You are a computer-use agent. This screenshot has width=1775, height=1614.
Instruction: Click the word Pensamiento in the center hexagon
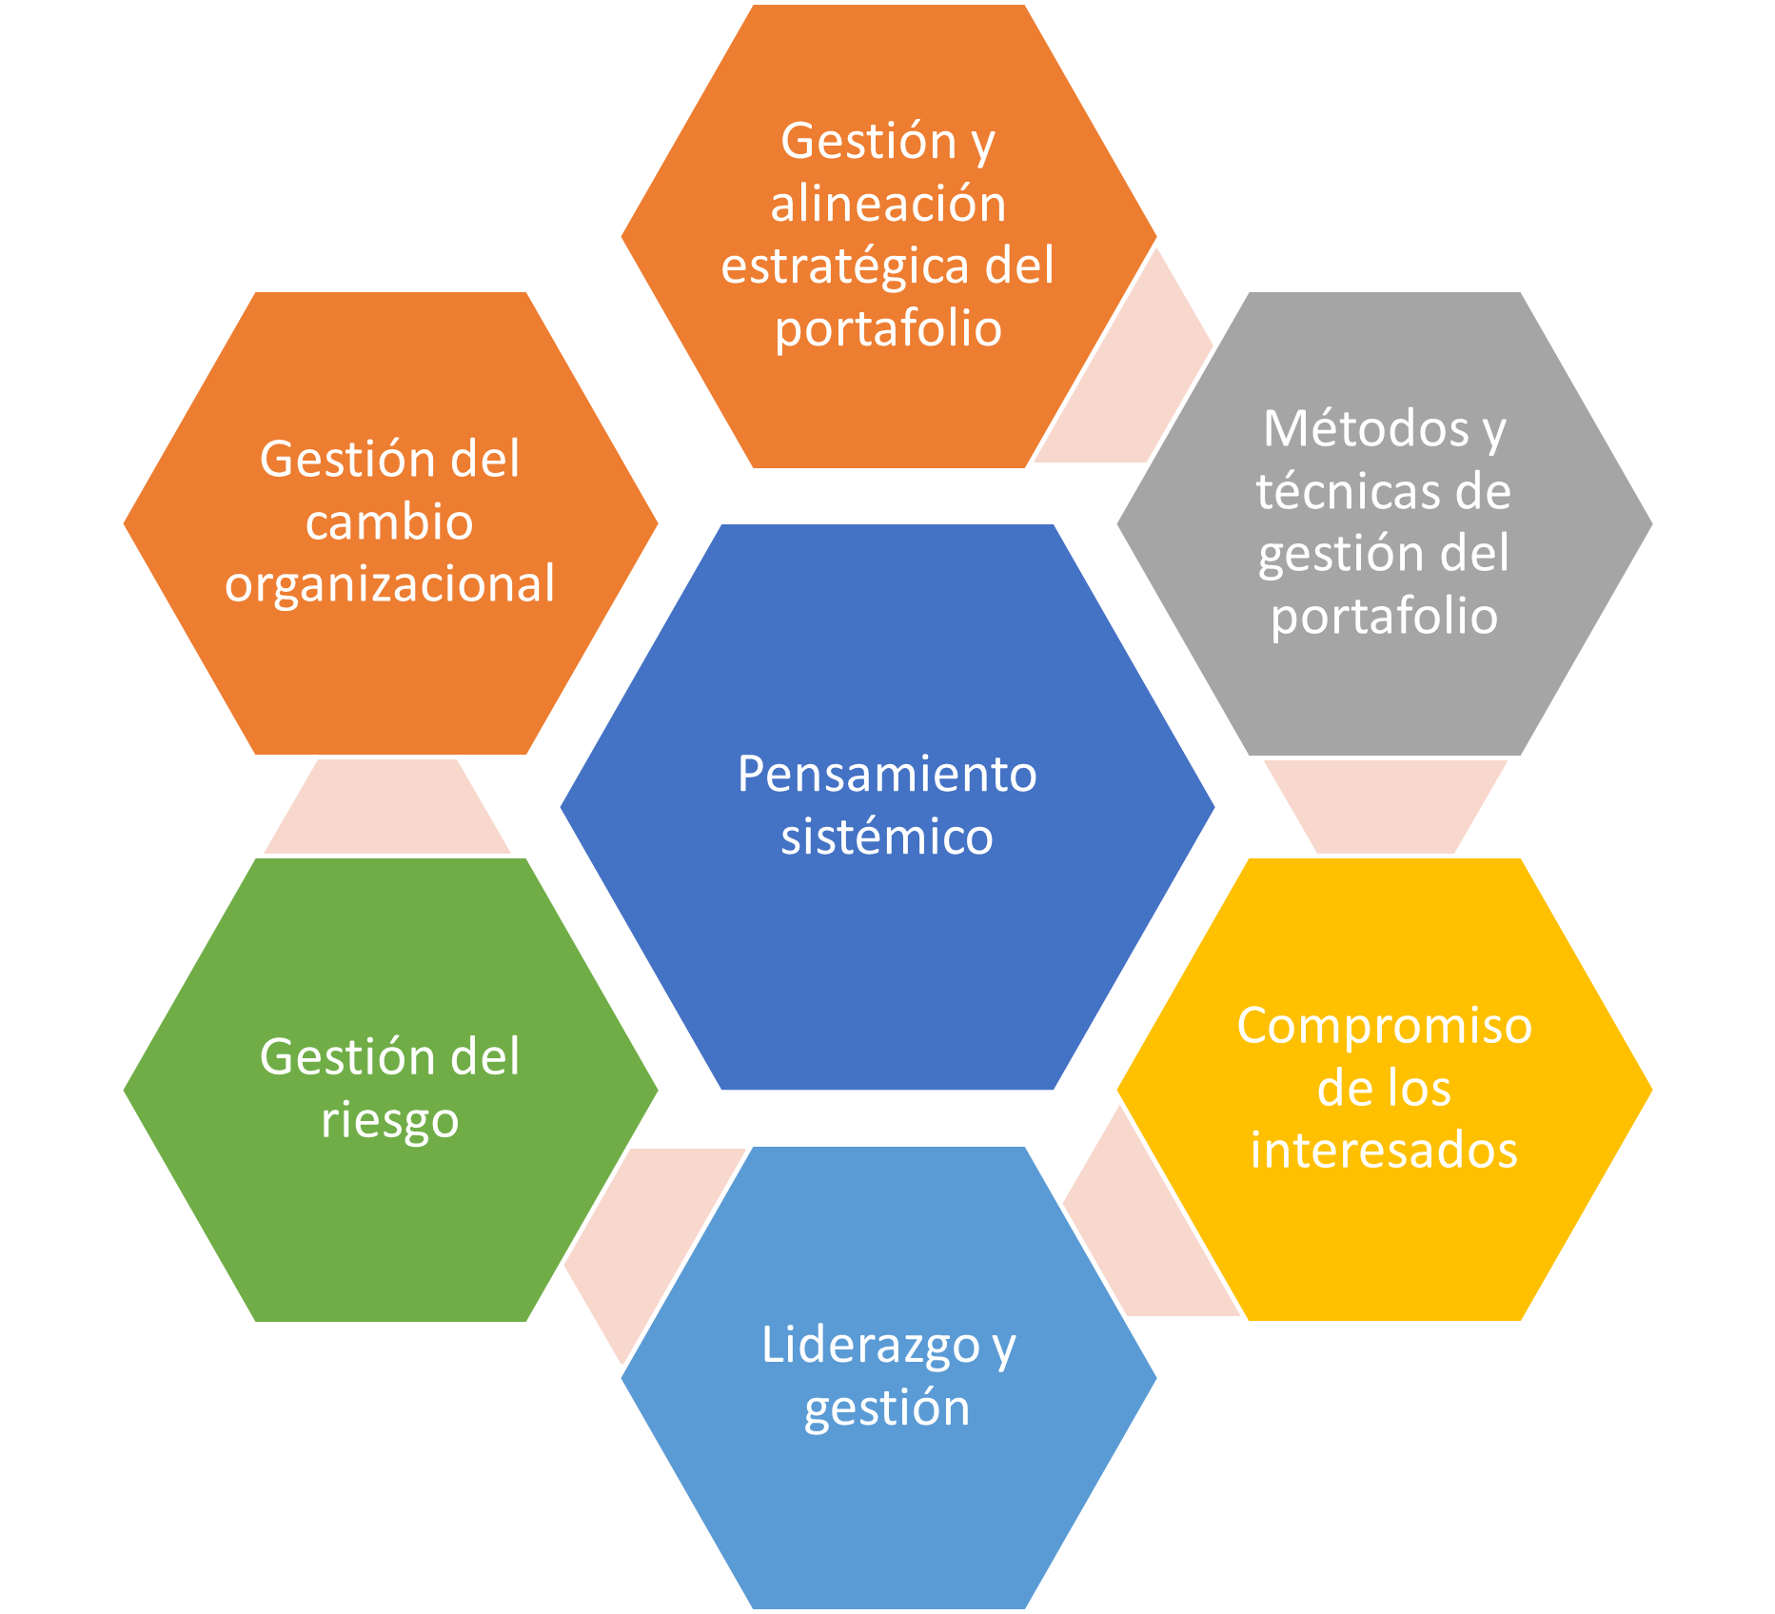(x=887, y=774)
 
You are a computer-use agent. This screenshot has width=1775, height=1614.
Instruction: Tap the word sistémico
(x=887, y=837)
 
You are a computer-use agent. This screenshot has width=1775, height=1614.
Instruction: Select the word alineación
(x=888, y=203)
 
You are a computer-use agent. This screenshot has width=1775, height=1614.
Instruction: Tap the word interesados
(x=1384, y=1150)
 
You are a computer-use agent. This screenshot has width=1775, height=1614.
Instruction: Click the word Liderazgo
(x=871, y=1348)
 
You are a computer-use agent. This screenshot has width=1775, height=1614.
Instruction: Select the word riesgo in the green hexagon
(x=390, y=1121)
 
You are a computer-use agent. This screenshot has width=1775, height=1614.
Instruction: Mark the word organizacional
(x=390, y=585)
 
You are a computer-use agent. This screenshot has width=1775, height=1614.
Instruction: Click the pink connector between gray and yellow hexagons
(x=1385, y=806)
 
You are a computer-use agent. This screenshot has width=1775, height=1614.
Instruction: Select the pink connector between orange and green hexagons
(x=387, y=806)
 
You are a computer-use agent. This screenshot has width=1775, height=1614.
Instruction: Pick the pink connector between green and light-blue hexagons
(x=652, y=1237)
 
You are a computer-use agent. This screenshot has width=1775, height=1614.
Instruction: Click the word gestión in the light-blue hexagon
(x=887, y=1409)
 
